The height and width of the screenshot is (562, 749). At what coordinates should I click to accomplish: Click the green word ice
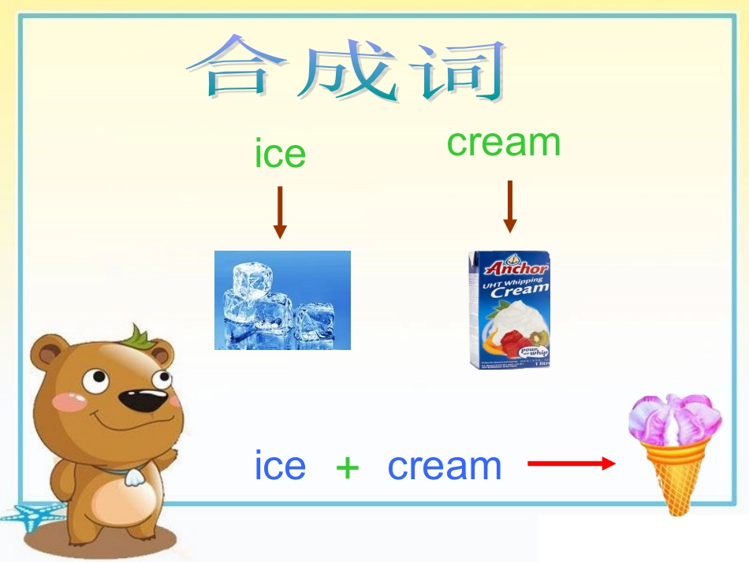pos(280,154)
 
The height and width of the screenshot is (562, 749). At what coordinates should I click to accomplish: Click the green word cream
pos(503,143)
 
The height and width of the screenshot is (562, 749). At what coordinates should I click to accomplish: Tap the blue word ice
pos(280,466)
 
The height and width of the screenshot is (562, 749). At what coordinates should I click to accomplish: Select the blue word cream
pos(445,466)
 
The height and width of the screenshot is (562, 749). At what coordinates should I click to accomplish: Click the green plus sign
pos(347,467)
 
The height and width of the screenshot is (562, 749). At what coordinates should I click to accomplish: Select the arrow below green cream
pos(510,206)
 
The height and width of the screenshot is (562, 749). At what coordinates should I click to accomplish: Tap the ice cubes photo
pos(282,300)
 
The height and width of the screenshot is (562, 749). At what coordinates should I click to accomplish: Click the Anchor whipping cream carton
pos(509,310)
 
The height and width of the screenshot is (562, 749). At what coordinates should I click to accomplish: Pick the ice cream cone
pos(674,453)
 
